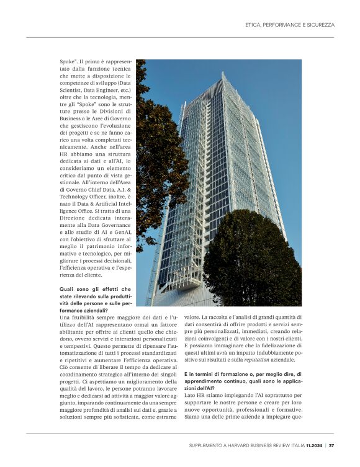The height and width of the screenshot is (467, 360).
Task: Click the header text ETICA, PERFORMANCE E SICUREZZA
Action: click(x=290, y=25)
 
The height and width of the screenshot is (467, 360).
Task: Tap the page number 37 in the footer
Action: click(x=331, y=445)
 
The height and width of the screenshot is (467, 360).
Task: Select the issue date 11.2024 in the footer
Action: click(x=313, y=445)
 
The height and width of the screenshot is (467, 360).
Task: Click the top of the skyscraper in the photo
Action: click(x=224, y=77)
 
